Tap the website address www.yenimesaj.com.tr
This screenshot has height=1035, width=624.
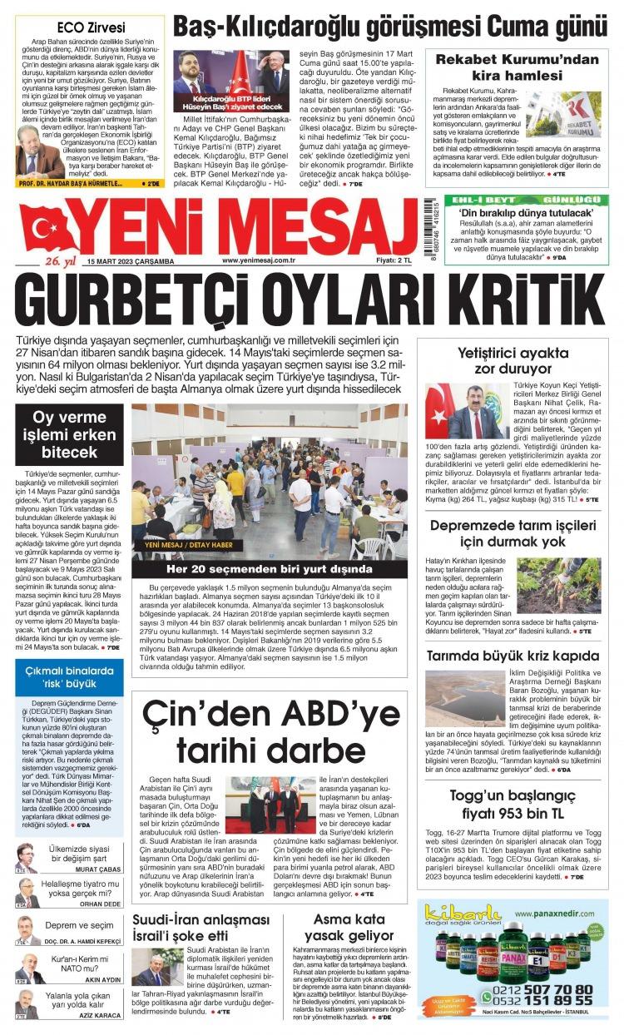click(260, 260)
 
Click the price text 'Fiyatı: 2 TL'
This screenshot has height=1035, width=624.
click(388, 260)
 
